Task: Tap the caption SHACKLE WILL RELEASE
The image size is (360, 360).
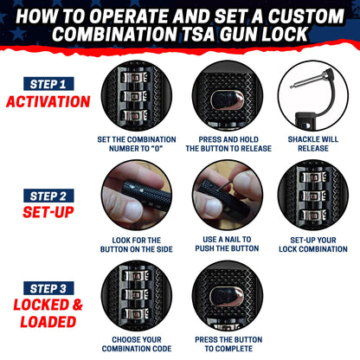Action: tap(313, 144)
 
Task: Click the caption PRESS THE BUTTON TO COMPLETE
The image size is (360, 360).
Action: tap(228, 343)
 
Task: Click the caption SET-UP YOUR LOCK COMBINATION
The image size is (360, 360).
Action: tap(313, 244)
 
